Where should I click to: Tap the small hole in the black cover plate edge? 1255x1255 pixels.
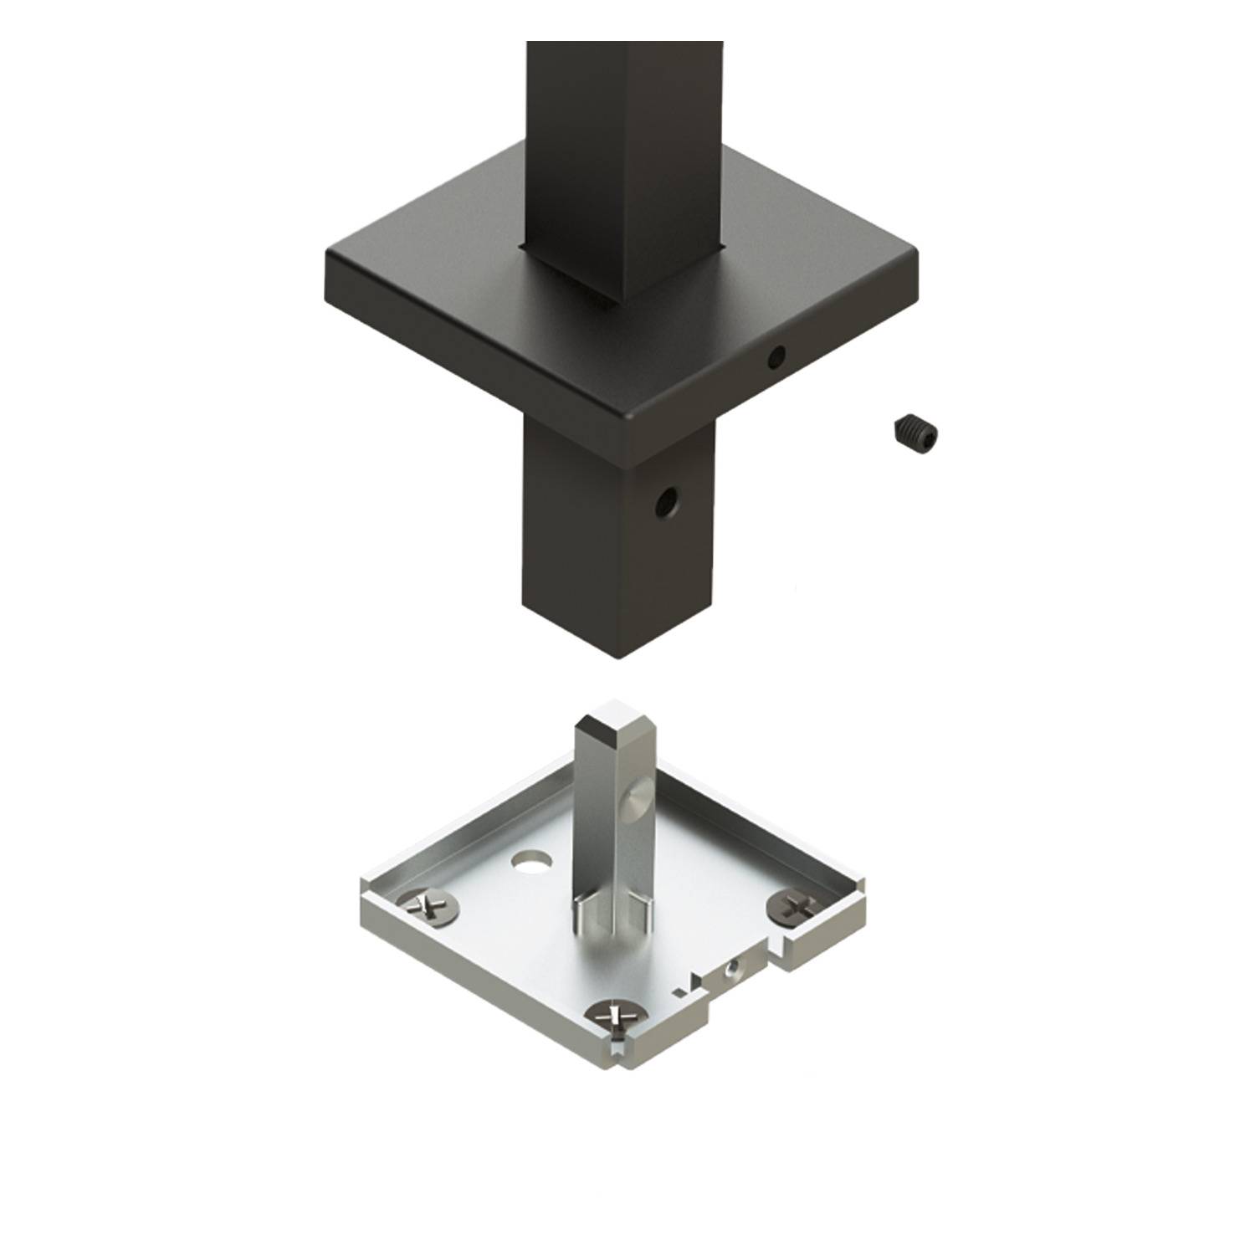778,357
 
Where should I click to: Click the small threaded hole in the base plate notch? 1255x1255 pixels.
734,970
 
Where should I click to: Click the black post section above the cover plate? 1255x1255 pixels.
623,125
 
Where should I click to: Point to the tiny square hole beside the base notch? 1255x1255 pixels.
694,976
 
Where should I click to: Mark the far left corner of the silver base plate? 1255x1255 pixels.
364,886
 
